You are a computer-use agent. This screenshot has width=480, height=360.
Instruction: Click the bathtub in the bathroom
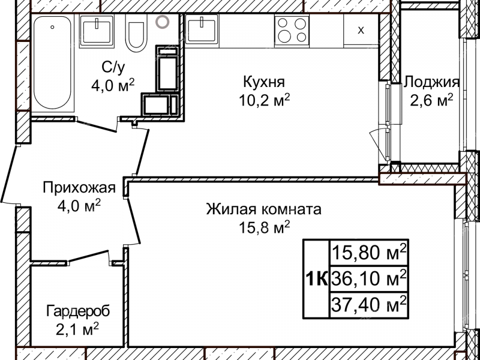coord(53,64)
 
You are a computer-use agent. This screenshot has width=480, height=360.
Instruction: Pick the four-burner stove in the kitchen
coord(292,29)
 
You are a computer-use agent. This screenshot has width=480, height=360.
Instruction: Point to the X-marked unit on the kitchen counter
coord(361,30)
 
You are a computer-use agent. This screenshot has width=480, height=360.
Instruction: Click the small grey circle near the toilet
coord(162,22)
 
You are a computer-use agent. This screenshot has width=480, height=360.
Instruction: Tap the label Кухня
coord(264,82)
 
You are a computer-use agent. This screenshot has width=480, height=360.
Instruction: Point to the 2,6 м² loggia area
coord(431,100)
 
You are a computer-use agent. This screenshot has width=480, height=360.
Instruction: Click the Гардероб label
coord(79,311)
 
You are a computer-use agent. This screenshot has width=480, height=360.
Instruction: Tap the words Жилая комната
coord(264,209)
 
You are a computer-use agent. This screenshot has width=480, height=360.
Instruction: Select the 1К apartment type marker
coord(316,278)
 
